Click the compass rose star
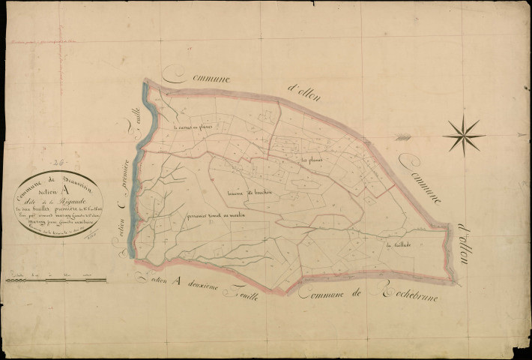click(x=462, y=136)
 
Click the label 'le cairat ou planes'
click(x=193, y=127)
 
